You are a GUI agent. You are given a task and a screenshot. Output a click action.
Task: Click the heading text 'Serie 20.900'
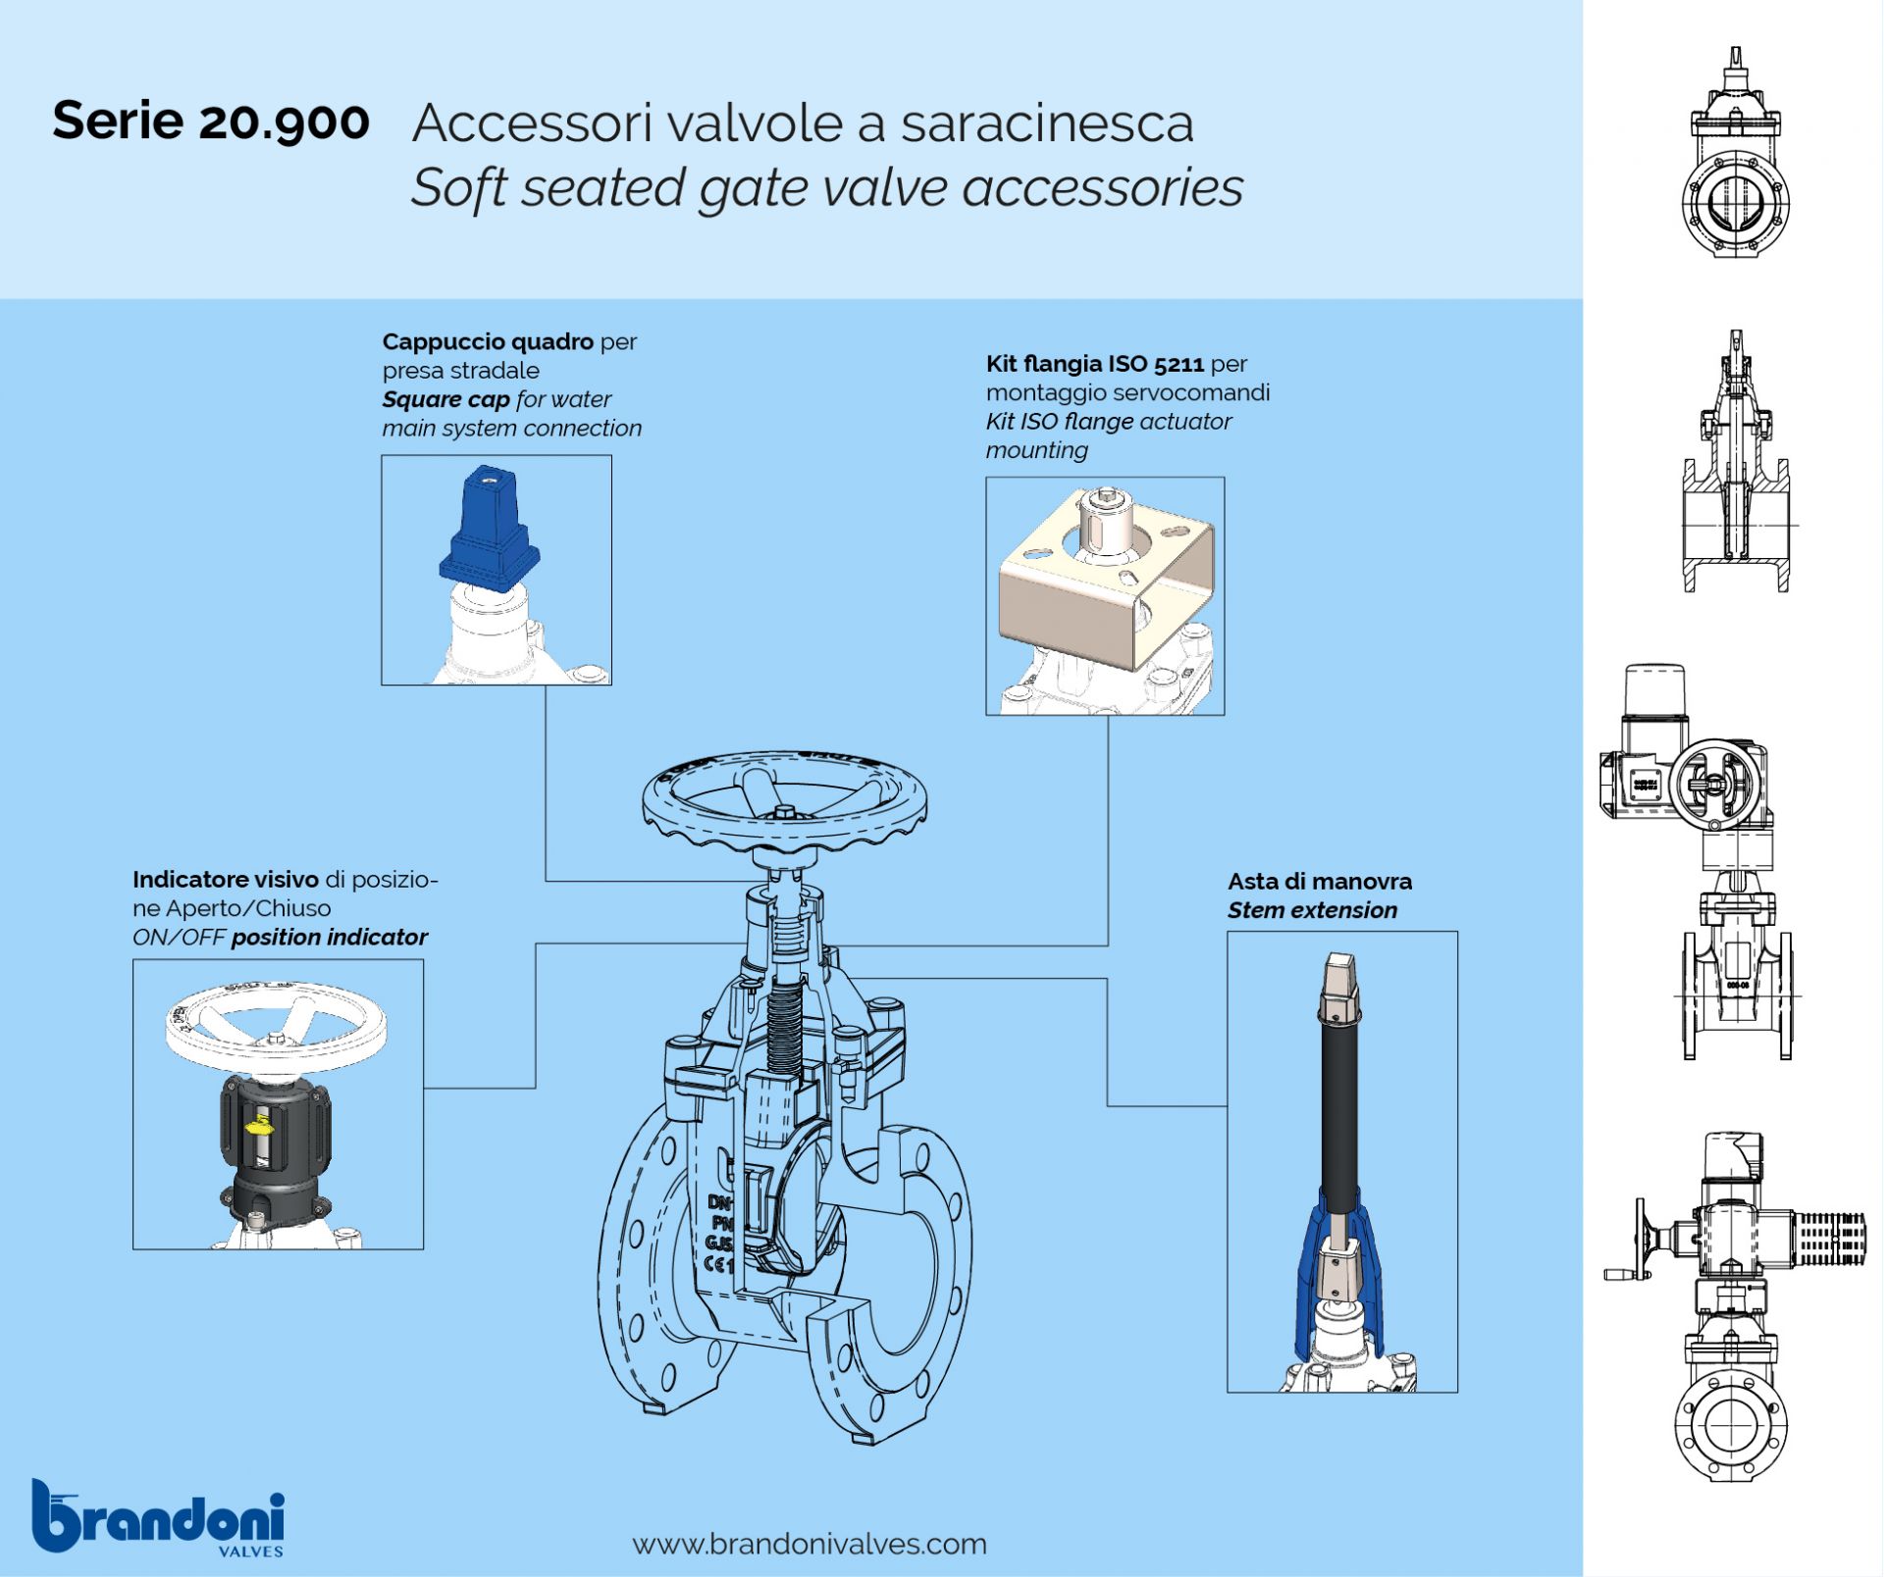(x=211, y=122)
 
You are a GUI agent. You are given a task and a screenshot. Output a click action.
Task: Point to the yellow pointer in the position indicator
(x=259, y=1126)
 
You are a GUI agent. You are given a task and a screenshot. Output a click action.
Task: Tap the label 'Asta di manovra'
(x=1319, y=881)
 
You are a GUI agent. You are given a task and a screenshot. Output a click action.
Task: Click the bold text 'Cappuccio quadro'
(x=488, y=341)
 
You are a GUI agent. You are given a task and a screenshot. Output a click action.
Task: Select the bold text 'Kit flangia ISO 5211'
(x=1094, y=364)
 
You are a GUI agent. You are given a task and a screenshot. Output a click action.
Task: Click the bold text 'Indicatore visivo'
(x=225, y=879)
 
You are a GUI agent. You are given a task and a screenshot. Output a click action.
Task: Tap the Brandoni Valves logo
(x=158, y=1518)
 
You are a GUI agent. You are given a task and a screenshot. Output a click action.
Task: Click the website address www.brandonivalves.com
(x=810, y=1544)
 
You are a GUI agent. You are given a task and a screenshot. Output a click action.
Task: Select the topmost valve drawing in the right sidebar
(x=1735, y=157)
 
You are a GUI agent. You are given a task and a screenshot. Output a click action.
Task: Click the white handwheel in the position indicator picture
(x=276, y=1026)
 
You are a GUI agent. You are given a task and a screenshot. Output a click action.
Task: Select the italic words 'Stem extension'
(x=1312, y=910)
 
